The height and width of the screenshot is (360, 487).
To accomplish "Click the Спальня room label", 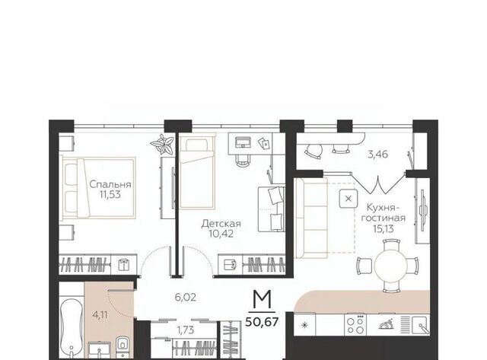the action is [x=110, y=184].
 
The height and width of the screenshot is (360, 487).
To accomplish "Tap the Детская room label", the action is [x=221, y=224].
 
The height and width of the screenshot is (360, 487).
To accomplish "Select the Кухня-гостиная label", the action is [x=384, y=212].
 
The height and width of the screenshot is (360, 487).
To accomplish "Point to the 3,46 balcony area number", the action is [x=377, y=154].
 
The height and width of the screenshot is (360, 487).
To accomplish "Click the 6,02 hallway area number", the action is [x=186, y=298].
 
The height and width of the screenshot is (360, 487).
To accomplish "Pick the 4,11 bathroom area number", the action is [x=100, y=315].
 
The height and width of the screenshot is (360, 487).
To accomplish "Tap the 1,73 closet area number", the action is [x=186, y=330].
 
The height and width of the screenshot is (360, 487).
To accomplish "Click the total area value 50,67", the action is [x=262, y=322].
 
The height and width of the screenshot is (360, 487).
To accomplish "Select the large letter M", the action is [x=262, y=299].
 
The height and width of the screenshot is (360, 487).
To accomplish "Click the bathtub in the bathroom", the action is [x=72, y=328].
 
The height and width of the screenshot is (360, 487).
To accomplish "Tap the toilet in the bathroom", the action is [x=123, y=346].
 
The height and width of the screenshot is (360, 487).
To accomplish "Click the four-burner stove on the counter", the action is [x=355, y=324].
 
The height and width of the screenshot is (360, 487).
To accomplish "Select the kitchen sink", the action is [x=421, y=325].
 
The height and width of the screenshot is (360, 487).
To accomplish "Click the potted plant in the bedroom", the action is [x=162, y=144].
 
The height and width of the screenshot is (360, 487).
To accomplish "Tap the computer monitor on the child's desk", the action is [x=243, y=142].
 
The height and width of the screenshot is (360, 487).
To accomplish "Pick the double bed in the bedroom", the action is [x=98, y=187].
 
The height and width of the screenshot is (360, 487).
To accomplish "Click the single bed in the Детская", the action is [x=198, y=172].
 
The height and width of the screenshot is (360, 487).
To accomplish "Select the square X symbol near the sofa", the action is [x=349, y=199].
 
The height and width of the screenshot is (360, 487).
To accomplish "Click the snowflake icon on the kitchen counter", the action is [x=304, y=325].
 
